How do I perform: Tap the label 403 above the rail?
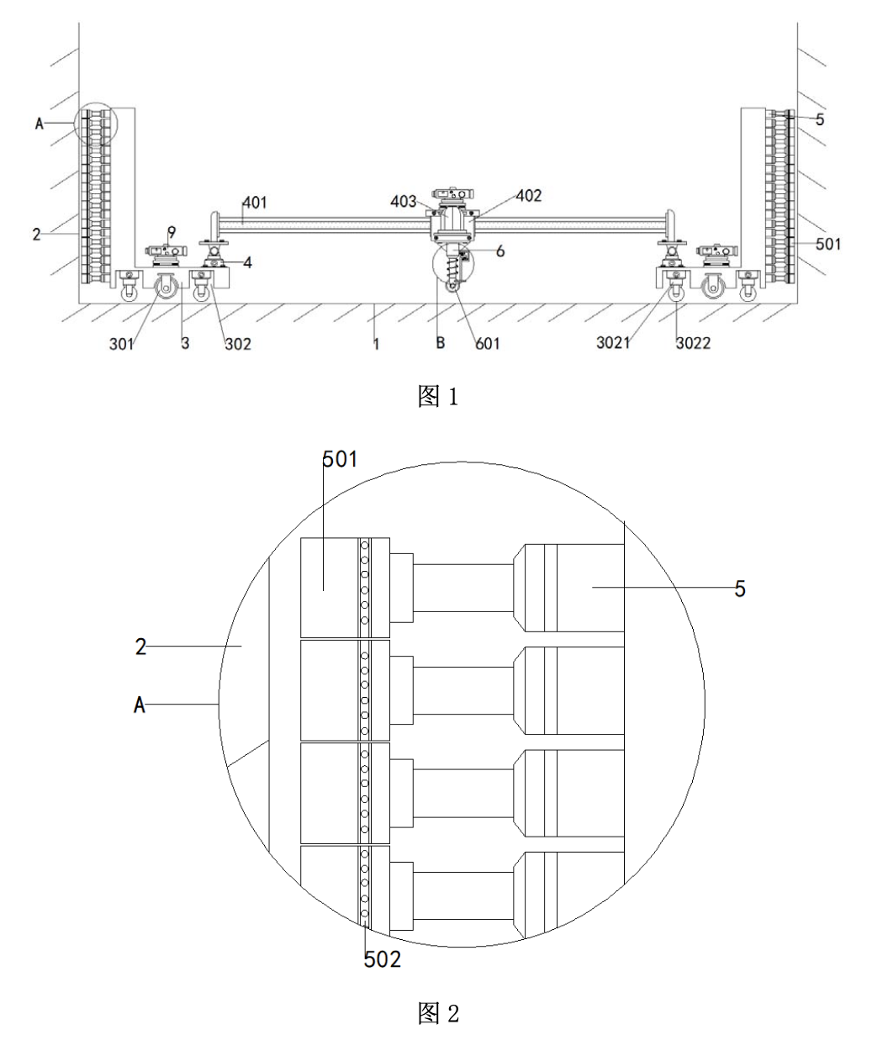(404, 202)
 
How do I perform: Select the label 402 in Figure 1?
(528, 196)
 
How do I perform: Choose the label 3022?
(693, 343)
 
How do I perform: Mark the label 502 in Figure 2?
(383, 959)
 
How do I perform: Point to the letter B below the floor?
(440, 343)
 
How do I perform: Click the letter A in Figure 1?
(39, 124)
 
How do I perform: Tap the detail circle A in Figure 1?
(97, 124)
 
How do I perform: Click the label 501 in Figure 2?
(341, 459)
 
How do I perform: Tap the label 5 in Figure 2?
(740, 589)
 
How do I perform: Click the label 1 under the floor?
(376, 343)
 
